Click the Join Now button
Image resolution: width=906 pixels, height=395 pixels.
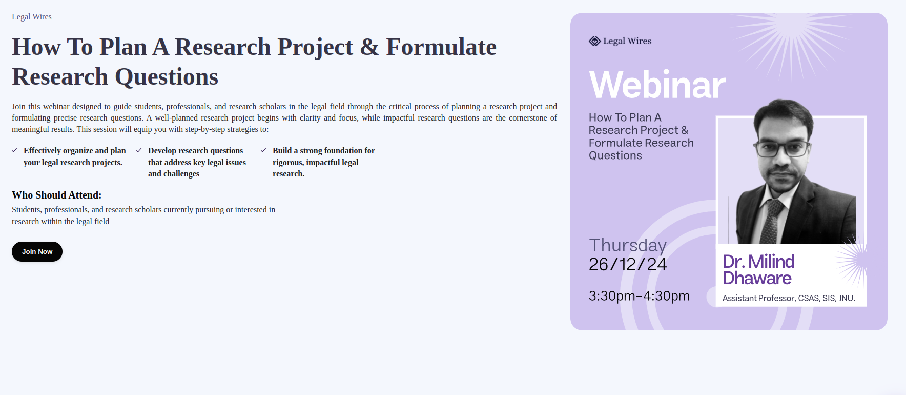click(37, 251)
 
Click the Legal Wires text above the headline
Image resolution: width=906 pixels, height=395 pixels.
click(32, 17)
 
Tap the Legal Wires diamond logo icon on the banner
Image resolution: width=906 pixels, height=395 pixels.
click(594, 41)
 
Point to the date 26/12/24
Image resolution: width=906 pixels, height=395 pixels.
click(628, 264)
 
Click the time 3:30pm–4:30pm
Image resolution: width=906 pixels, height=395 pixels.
click(639, 296)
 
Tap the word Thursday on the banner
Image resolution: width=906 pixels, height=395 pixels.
click(628, 246)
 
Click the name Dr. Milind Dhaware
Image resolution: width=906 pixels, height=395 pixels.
click(758, 270)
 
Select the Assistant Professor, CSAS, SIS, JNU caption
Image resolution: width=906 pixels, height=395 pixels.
click(789, 298)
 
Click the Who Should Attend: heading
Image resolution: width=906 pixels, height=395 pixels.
click(57, 195)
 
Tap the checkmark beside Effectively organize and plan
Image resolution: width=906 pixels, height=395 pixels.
click(15, 150)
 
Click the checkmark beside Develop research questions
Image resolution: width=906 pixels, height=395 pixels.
click(139, 150)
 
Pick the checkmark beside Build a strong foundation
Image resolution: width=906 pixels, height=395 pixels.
click(263, 150)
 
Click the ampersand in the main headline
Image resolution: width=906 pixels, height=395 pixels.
click(369, 47)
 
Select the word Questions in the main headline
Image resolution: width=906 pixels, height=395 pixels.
click(167, 77)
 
